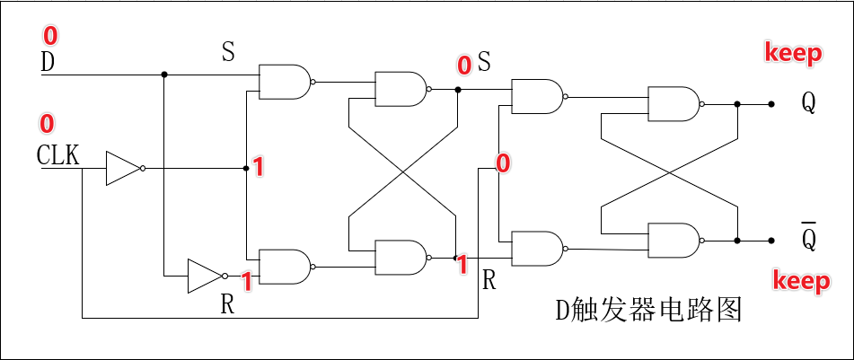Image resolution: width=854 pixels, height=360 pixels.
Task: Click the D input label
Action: [48, 63]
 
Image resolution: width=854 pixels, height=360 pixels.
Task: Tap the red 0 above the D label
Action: [49, 36]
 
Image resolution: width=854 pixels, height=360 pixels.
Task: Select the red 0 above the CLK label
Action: [47, 123]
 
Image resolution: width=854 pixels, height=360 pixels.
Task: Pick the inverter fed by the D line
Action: [205, 276]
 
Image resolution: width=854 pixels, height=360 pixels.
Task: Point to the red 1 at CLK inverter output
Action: [257, 167]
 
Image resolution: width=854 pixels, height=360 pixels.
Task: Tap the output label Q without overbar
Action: [808, 103]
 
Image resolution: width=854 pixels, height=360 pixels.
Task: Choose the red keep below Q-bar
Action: [801, 282]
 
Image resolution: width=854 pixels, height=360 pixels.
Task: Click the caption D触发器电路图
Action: [647, 311]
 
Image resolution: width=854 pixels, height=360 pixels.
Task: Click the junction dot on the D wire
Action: [163, 75]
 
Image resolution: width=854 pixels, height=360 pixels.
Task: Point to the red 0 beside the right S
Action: [464, 65]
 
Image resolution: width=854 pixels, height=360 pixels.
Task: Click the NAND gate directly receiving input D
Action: [284, 81]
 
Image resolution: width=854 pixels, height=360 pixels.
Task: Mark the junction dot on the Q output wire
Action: [737, 104]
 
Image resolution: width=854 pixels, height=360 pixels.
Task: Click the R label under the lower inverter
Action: [228, 304]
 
